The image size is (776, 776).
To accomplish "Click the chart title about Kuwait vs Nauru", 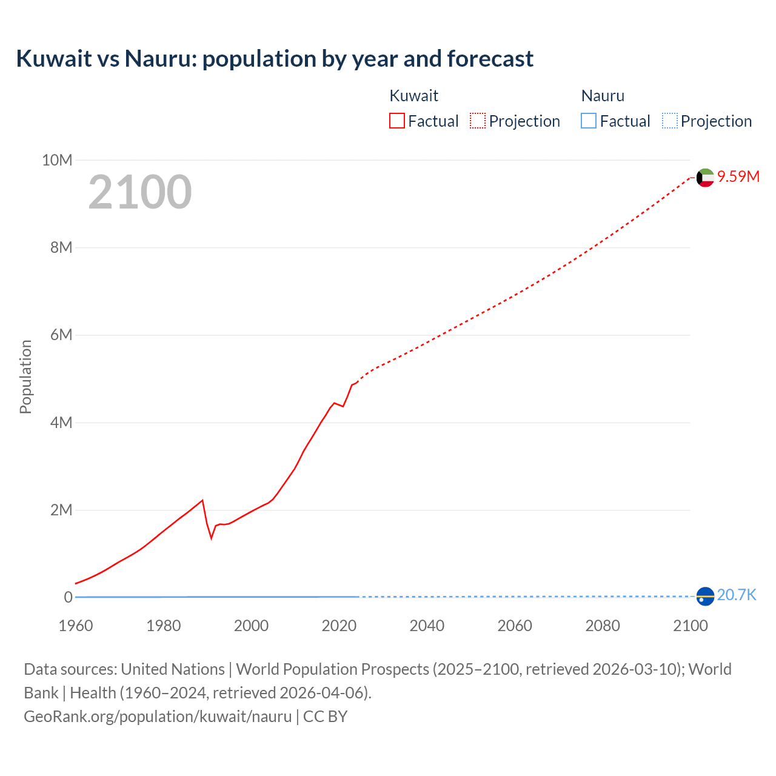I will pyautogui.click(x=275, y=59).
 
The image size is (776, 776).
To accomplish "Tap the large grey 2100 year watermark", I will pyautogui.click(x=140, y=192).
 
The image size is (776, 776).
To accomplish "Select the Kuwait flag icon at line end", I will pyautogui.click(x=705, y=178).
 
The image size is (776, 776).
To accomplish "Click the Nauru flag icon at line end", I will pyautogui.click(x=705, y=597).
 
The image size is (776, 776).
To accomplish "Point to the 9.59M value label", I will pyautogui.click(x=738, y=176).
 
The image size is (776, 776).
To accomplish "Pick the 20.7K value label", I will pyautogui.click(x=737, y=595).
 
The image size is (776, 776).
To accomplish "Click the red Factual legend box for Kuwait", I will pyautogui.click(x=397, y=121).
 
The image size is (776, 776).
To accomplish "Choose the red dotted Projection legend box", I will pyautogui.click(x=478, y=121).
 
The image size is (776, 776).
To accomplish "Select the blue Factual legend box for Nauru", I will pyautogui.click(x=589, y=121).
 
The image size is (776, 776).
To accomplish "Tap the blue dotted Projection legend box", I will pyautogui.click(x=670, y=121).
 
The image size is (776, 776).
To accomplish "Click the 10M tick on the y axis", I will pyautogui.click(x=57, y=160).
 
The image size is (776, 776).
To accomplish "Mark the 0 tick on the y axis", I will pyautogui.click(x=68, y=597).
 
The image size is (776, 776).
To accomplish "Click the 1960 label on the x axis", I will pyautogui.click(x=76, y=626).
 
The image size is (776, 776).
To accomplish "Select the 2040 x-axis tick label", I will pyautogui.click(x=427, y=626).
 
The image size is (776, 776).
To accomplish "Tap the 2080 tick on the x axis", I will pyautogui.click(x=603, y=626).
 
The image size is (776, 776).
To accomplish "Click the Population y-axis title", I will pyautogui.click(x=25, y=376).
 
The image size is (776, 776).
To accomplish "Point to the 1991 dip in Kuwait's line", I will pyautogui.click(x=212, y=538).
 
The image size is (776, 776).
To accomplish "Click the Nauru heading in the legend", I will pyautogui.click(x=603, y=96).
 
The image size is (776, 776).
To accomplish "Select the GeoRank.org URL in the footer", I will pyautogui.click(x=158, y=717).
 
